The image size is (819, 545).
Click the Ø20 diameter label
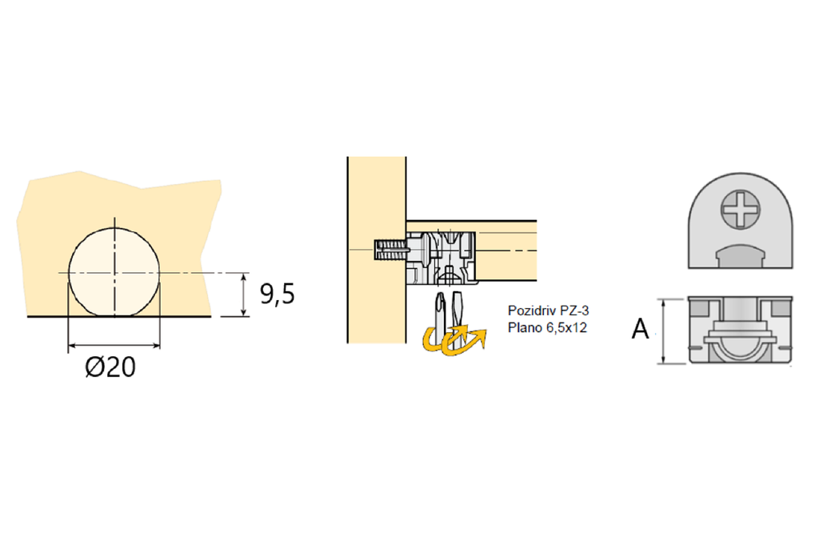pos(110,367)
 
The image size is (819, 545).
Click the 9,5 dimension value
pos(278,295)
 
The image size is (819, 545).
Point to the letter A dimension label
pos(640,329)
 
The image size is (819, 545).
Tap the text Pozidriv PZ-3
pos(548,311)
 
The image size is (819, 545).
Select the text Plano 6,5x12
pos(547,327)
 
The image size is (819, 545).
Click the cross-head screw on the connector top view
pos(740,209)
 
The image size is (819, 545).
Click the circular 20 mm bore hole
pos(114,272)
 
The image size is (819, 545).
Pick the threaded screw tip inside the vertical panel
pos(390,249)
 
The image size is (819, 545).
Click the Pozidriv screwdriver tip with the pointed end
pos(441,317)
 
